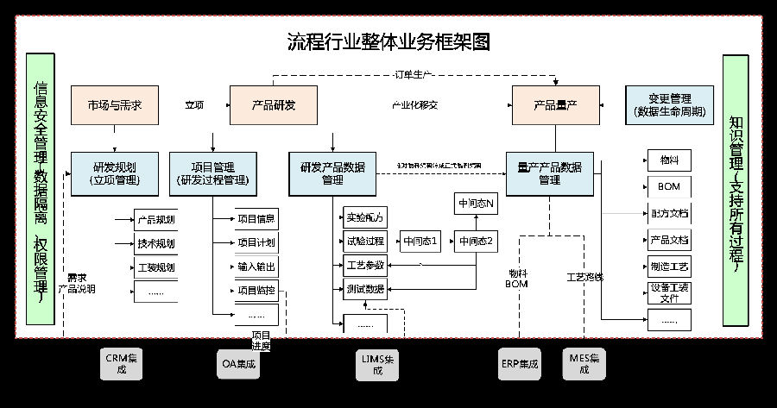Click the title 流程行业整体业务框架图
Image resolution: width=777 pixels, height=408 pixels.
pos(388,41)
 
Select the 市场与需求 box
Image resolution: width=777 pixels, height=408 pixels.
pos(114,105)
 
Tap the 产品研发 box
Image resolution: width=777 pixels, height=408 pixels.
pos(273,105)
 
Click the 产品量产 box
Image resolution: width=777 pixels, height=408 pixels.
pos(555,105)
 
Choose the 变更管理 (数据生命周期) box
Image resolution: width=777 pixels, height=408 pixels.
pos(670,105)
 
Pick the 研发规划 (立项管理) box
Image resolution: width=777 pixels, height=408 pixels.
pos(114,173)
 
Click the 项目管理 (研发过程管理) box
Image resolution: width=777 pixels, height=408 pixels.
pos(212,173)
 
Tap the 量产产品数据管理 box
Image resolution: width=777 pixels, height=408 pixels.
pos(549,173)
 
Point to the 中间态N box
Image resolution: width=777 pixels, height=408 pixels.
pos(477,204)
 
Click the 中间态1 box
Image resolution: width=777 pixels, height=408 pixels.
pos(421,241)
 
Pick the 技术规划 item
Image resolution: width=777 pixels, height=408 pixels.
pos(155,243)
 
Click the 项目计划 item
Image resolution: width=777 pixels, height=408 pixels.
pos(256,242)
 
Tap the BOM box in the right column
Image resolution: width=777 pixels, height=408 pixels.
pos(669,186)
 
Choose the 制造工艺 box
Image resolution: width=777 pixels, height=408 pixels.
pos(669,267)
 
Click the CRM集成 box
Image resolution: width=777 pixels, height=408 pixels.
pos(121,363)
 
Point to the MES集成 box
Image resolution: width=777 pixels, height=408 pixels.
pos(584,363)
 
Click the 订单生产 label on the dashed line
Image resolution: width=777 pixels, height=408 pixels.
pos(414,75)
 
